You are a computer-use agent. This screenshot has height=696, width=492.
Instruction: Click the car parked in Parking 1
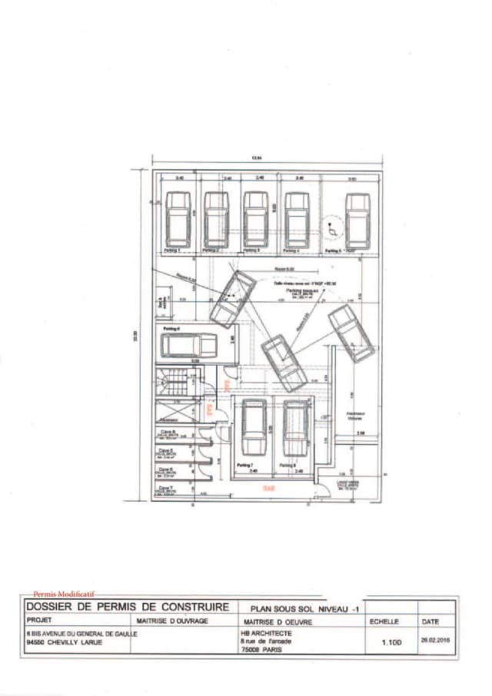click(178, 219)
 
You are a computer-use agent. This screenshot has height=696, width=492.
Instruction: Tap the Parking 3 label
click(252, 250)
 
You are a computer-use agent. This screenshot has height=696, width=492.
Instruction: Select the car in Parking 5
click(357, 220)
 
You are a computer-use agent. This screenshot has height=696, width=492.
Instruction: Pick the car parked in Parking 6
click(188, 346)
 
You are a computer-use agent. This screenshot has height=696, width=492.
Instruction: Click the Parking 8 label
click(288, 466)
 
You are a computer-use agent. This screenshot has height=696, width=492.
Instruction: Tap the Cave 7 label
click(165, 487)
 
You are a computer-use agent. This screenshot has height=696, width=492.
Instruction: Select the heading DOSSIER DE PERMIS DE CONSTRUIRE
click(128, 607)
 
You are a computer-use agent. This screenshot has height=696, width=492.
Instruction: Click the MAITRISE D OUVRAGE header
click(172, 620)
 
